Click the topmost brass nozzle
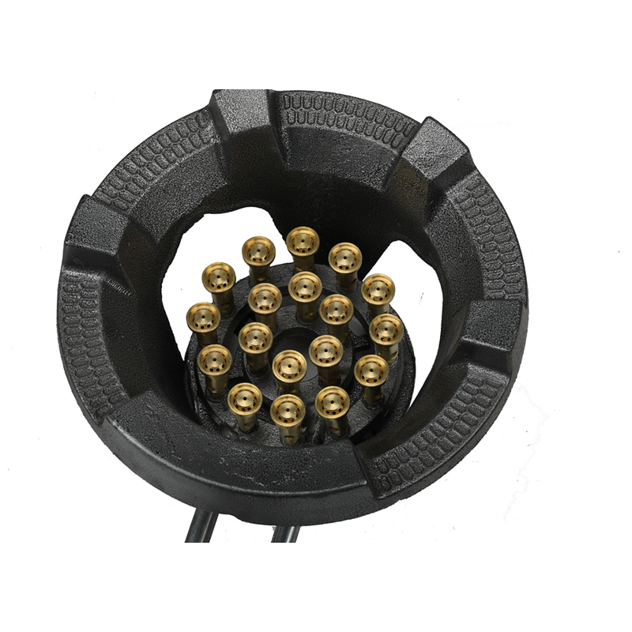(303, 242)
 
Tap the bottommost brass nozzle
(287, 411)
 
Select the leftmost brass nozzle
(203, 318)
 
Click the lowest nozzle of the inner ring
(289, 366)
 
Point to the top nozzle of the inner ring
(304, 286)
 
